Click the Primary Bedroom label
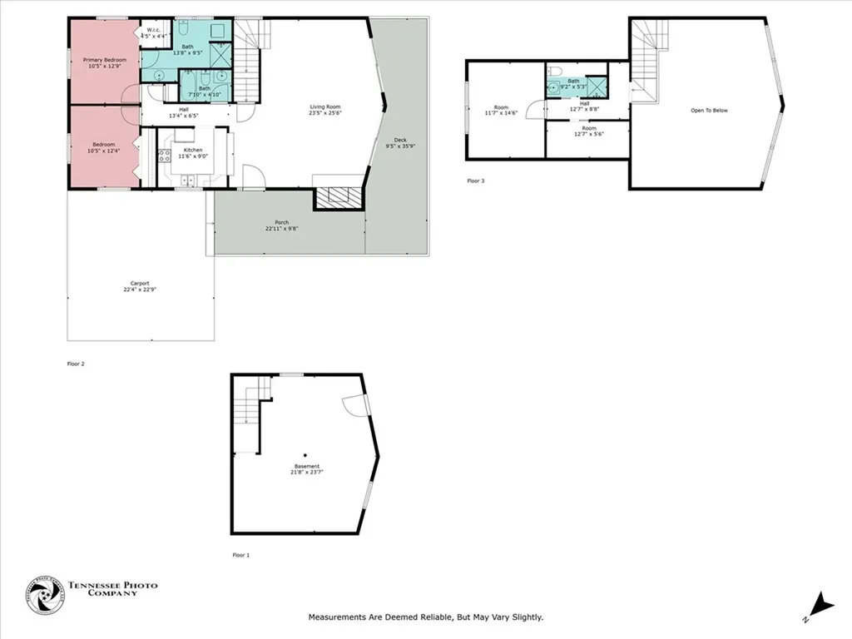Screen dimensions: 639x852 click(104, 60)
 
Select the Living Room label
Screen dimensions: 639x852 click(325, 106)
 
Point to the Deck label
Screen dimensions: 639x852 click(399, 140)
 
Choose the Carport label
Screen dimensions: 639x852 click(140, 283)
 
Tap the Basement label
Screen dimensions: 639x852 click(305, 466)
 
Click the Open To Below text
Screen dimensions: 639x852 click(709, 110)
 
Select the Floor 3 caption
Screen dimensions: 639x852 click(475, 180)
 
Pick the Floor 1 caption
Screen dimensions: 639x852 click(241, 554)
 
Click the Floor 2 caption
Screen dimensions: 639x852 click(77, 364)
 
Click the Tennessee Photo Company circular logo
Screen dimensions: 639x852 click(45, 596)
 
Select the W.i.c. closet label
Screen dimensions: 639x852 click(156, 32)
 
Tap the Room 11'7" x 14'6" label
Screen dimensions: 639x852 click(501, 107)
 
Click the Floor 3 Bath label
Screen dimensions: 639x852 click(573, 81)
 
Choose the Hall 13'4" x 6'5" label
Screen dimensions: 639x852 click(183, 110)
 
